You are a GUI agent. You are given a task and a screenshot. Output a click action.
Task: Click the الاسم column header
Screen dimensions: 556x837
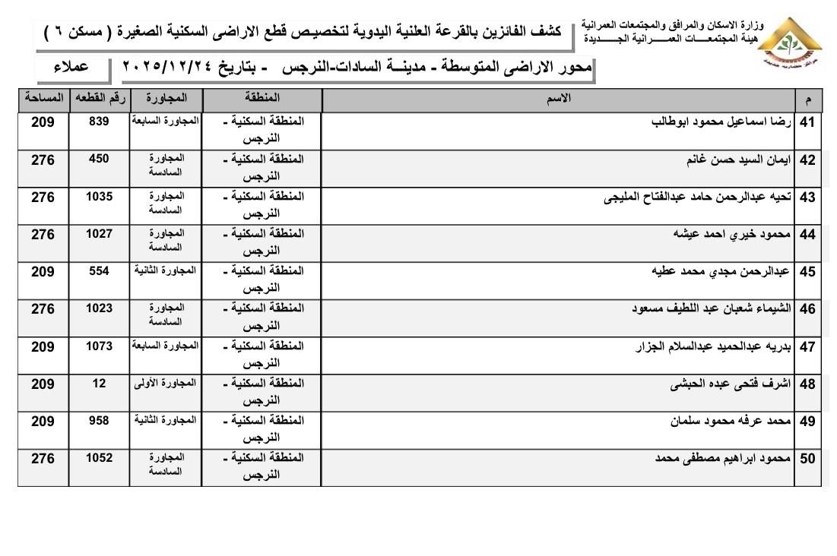point(560,99)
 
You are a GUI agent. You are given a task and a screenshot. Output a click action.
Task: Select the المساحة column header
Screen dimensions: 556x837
point(43,99)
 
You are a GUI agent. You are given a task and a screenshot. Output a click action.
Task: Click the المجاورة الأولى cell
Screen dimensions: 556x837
point(165,383)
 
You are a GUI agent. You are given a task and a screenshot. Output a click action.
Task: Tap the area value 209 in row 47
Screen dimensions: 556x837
point(43,346)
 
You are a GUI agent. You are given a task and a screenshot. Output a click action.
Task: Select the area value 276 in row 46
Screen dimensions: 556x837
point(43,309)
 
